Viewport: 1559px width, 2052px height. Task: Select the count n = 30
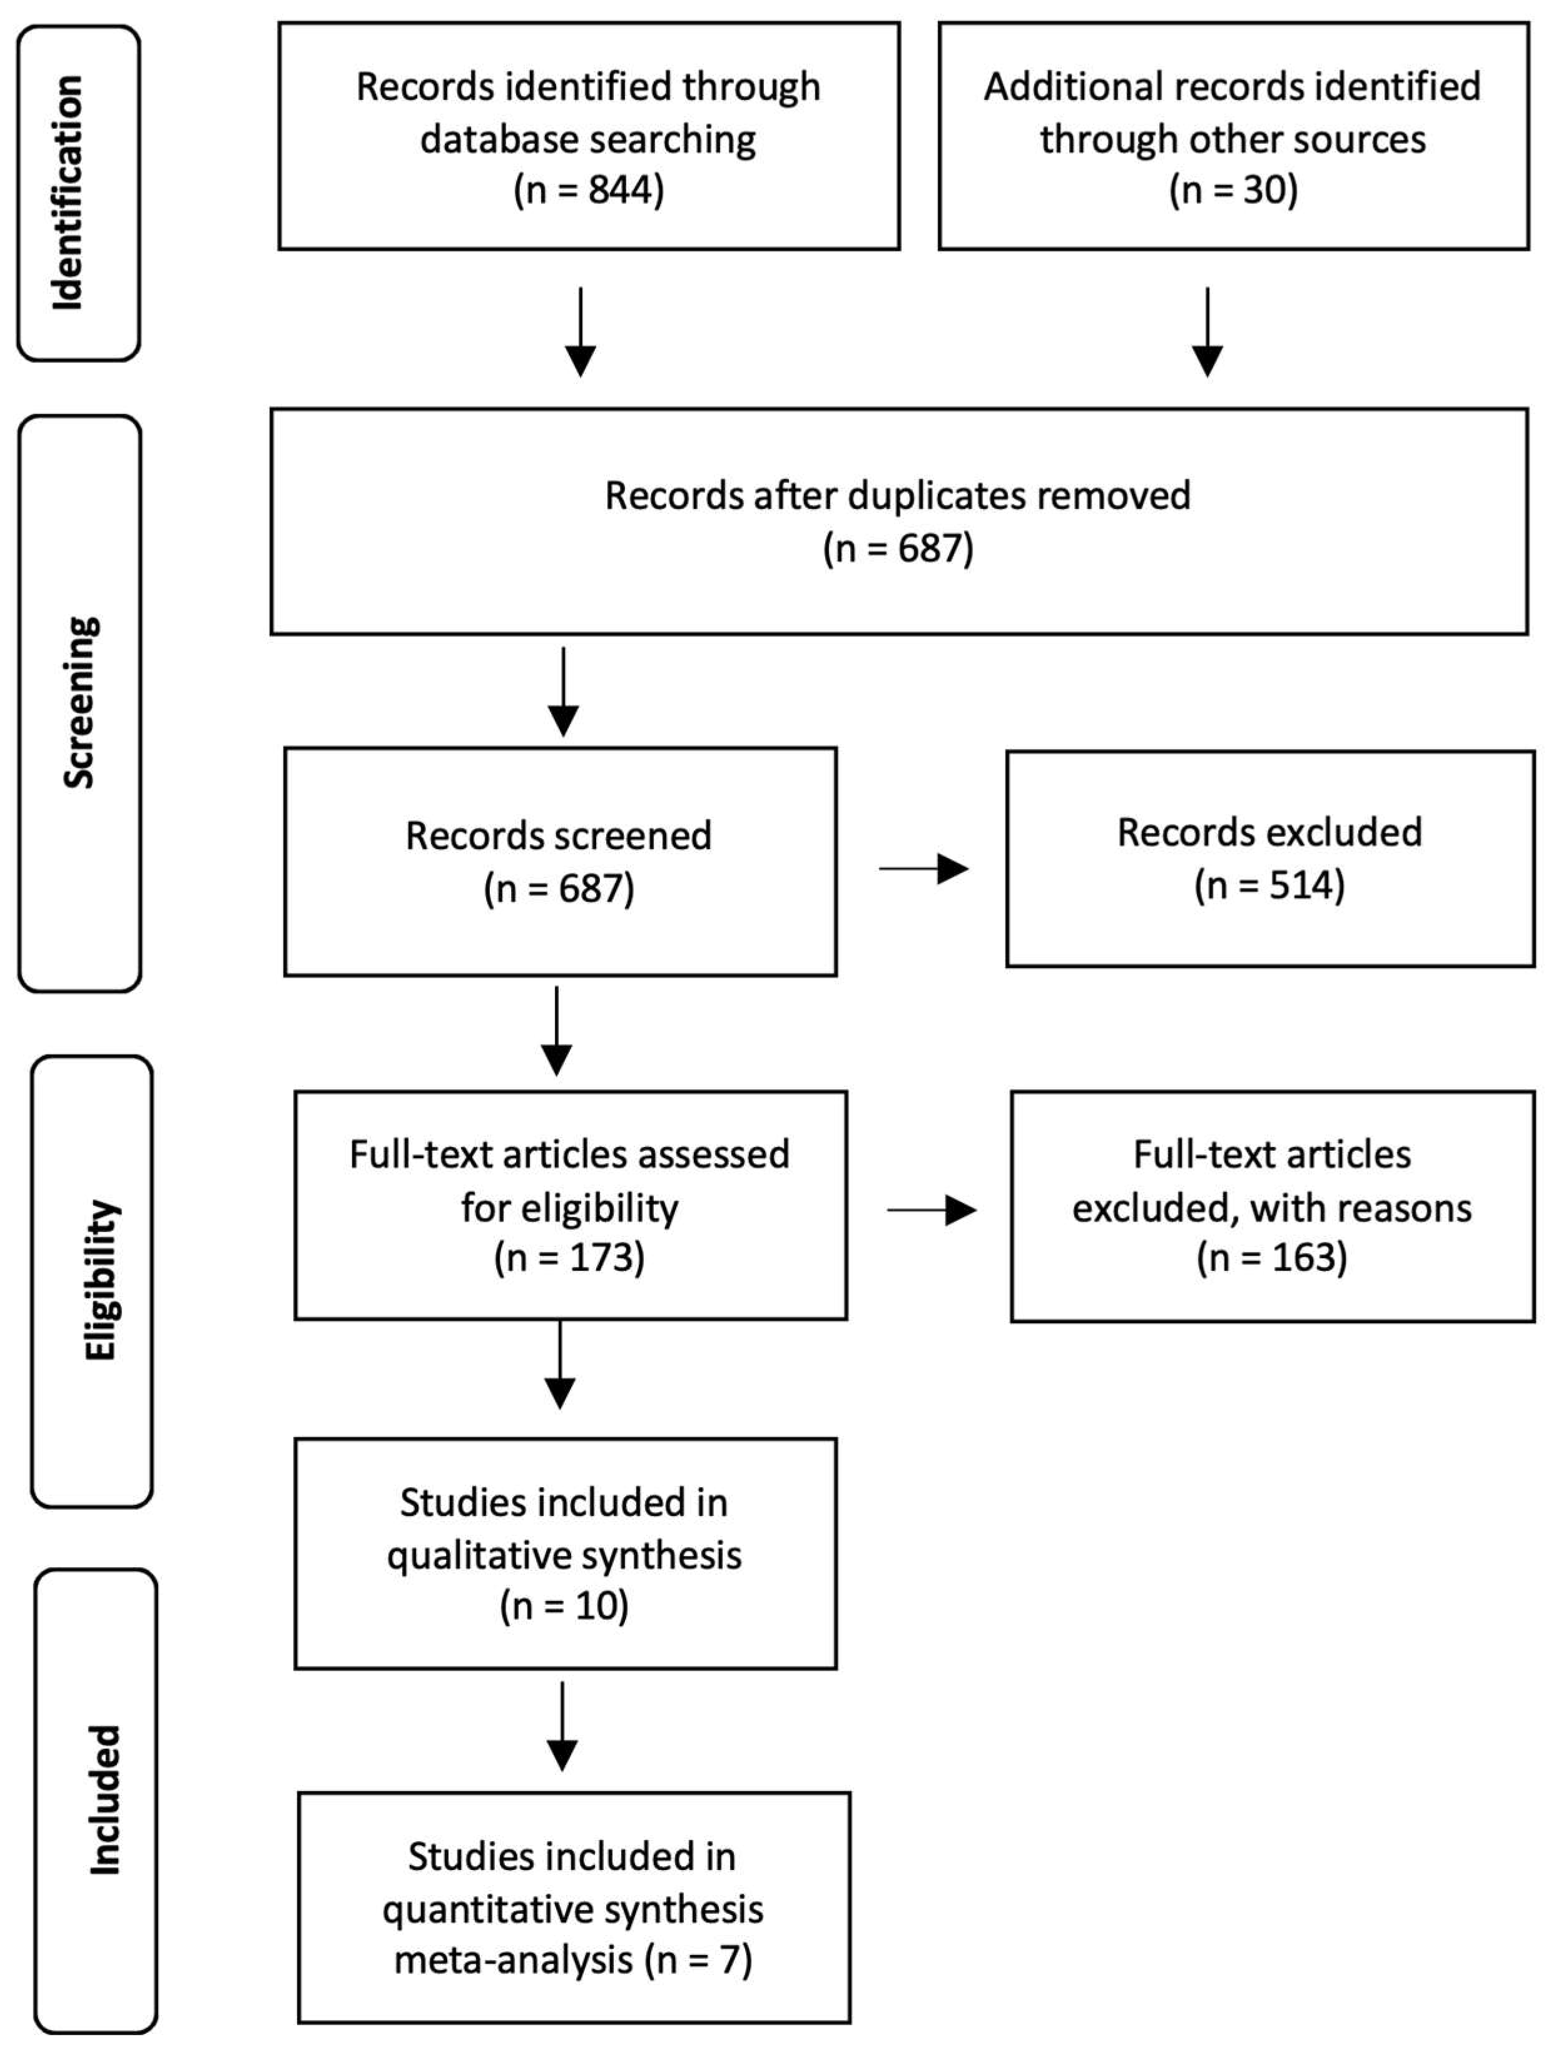pyautogui.click(x=1232, y=191)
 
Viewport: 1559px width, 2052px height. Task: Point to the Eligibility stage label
pyautogui.click(x=100, y=1280)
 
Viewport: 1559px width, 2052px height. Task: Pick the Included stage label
pyautogui.click(x=104, y=1800)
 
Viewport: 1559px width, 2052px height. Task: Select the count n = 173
pyautogui.click(x=569, y=1258)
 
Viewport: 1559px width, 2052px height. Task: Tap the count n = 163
pyautogui.click(x=1271, y=1258)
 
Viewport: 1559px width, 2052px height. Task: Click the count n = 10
pyautogui.click(x=564, y=1606)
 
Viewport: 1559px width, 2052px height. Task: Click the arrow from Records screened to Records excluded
pyautogui.click(x=923, y=869)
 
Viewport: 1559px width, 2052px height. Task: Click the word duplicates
pyautogui.click(x=937, y=495)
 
